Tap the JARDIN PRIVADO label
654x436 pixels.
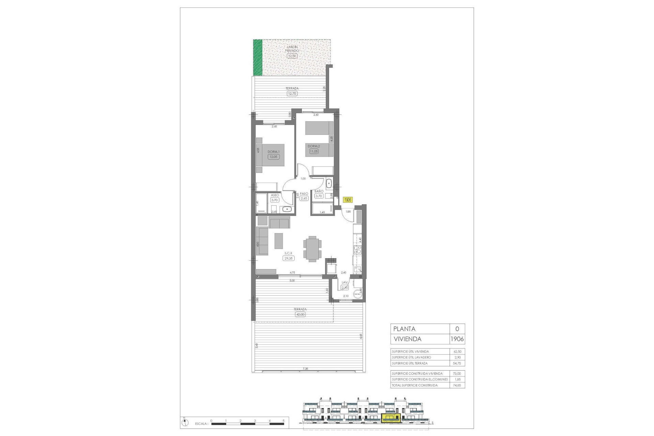tap(292, 49)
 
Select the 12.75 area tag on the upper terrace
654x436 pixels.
tap(292, 93)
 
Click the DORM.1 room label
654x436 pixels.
tap(273, 152)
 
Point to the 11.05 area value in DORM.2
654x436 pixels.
tap(314, 151)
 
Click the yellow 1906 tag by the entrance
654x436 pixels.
tap(347, 200)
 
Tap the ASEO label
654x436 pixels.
tap(275, 195)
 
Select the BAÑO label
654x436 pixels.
tap(318, 191)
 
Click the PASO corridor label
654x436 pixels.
tap(304, 193)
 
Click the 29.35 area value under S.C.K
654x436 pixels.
tap(288, 258)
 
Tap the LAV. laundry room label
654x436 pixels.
tap(345, 282)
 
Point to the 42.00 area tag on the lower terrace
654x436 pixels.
tap(300, 314)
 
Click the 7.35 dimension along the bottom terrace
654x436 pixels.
tap(305, 369)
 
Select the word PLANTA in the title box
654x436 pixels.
tap(404, 329)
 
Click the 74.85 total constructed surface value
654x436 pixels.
tap(457, 385)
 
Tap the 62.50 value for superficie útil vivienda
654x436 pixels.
tap(457, 351)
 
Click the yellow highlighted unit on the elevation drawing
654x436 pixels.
tap(391, 418)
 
